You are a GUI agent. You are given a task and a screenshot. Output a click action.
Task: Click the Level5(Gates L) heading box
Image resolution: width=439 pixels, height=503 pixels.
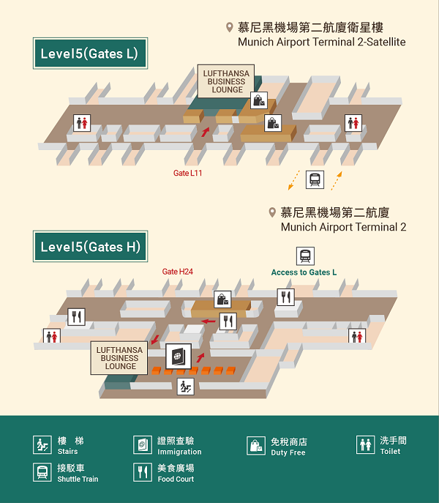[90, 53]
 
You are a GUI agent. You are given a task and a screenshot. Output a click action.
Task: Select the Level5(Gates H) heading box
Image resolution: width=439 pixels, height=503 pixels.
[90, 247]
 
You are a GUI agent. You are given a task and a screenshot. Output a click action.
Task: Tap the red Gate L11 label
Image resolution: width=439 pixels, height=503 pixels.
[187, 174]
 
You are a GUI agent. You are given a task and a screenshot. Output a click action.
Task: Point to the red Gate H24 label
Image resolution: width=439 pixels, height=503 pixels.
[177, 272]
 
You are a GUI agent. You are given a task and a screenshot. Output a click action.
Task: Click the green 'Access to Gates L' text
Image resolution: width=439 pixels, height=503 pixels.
[304, 272]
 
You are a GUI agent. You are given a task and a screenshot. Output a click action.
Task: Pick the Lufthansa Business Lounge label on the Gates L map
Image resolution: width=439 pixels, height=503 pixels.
[226, 81]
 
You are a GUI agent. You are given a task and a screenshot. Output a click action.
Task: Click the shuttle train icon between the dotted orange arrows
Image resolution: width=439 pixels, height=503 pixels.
[315, 179]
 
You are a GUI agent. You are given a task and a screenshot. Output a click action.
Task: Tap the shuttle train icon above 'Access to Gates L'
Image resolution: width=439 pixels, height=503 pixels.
[305, 256]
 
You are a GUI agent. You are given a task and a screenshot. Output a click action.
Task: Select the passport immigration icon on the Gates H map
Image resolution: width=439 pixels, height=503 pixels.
[178, 357]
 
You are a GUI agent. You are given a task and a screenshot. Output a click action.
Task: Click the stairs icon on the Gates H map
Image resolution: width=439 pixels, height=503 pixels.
[186, 387]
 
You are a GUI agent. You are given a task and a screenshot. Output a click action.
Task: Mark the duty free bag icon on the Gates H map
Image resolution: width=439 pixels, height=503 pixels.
[223, 299]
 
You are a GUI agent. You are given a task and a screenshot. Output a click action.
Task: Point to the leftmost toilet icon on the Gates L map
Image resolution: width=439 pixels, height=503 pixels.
[82, 123]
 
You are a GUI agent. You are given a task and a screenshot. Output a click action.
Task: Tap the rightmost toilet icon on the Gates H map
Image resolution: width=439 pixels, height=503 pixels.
[357, 336]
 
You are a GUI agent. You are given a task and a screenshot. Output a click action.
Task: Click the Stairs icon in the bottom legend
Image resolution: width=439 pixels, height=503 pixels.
[42, 445]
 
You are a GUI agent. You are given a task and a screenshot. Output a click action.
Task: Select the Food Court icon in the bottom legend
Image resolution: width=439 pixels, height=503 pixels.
[142, 472]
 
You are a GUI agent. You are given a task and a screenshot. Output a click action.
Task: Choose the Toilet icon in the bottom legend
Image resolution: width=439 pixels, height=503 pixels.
[366, 445]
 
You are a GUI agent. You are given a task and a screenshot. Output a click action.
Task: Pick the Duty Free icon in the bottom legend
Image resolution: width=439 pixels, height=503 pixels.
[256, 446]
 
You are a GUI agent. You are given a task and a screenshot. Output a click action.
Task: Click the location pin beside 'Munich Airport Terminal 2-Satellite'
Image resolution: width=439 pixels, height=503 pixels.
[229, 28]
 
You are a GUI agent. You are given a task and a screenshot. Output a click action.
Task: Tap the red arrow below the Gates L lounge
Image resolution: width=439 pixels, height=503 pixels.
[205, 133]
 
